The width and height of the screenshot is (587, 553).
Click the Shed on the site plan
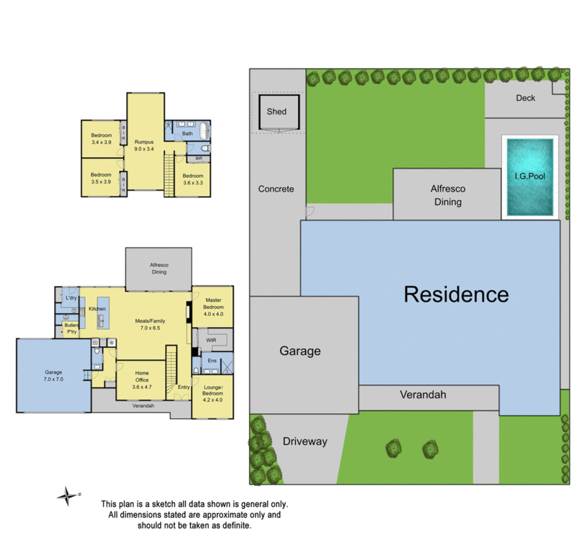(277, 112)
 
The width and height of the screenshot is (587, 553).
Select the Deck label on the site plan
(526, 98)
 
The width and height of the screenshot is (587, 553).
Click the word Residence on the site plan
(456, 294)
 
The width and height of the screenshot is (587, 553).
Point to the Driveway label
(305, 441)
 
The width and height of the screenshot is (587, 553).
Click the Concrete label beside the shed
(276, 189)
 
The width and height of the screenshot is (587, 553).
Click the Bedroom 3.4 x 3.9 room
(101, 139)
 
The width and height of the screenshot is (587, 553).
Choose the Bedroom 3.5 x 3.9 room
(101, 178)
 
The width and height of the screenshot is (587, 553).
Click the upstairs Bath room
(187, 133)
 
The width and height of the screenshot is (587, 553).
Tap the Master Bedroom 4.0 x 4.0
(212, 307)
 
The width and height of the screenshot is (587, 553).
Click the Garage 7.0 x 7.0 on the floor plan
(53, 375)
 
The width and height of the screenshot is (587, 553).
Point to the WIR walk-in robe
(212, 338)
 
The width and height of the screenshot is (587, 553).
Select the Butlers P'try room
(71, 328)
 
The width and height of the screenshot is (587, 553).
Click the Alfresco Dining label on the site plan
(447, 195)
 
